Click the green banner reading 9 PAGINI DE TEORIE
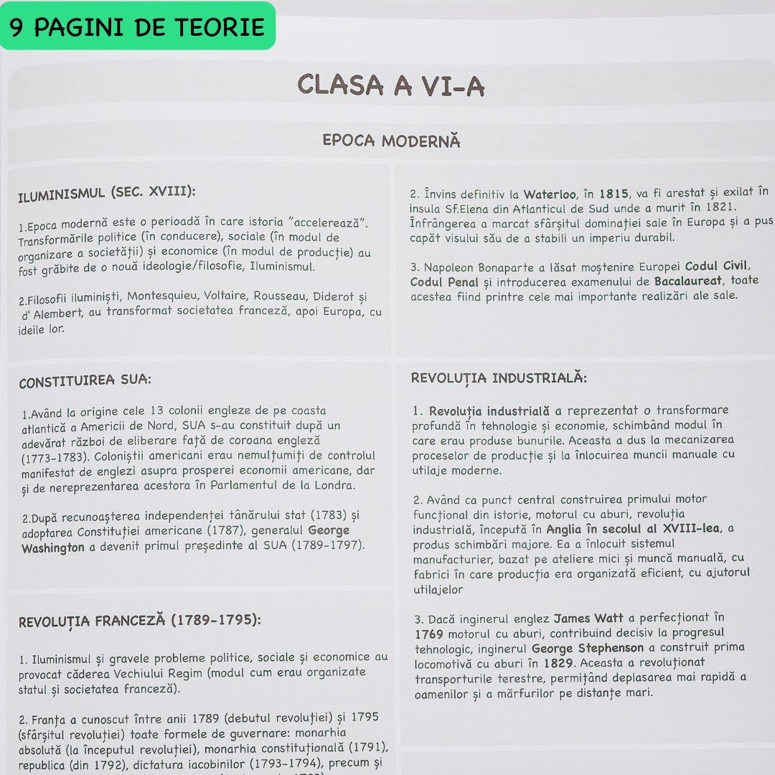tap(137, 27)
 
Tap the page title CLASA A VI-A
tap(391, 85)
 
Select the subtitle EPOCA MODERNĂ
tap(391, 140)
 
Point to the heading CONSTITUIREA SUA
tap(85, 381)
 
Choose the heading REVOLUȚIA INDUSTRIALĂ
tap(499, 378)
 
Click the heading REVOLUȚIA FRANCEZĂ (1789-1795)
tap(139, 620)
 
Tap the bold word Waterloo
tap(549, 194)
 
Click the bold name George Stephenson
tap(588, 648)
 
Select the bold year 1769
tap(429, 634)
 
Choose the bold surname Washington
tap(53, 548)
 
